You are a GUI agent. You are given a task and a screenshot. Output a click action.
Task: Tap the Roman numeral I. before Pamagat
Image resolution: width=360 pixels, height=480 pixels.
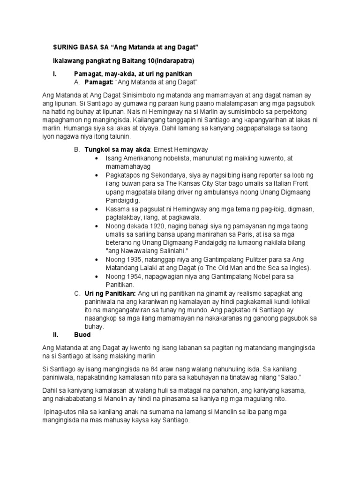point(54,74)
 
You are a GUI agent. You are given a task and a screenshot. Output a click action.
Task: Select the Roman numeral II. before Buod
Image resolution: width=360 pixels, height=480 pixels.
point(56,335)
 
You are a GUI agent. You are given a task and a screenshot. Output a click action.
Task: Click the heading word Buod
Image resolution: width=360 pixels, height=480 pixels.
point(82,335)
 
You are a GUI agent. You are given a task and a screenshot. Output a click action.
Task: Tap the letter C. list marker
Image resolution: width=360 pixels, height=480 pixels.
point(77,293)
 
